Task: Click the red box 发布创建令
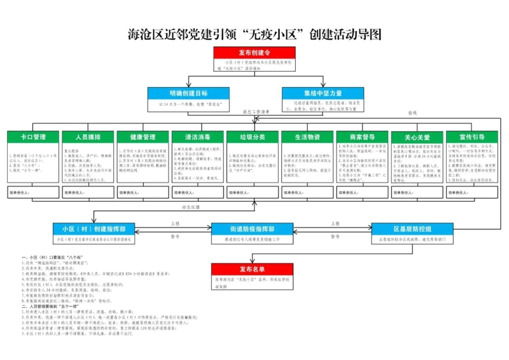254,52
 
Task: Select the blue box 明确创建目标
188,93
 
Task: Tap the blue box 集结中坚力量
323,93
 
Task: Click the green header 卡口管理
32,137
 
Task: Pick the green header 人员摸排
87,137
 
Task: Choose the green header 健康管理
143,137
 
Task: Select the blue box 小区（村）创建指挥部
98,229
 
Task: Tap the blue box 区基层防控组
412,229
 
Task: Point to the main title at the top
254,34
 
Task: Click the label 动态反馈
191,207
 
